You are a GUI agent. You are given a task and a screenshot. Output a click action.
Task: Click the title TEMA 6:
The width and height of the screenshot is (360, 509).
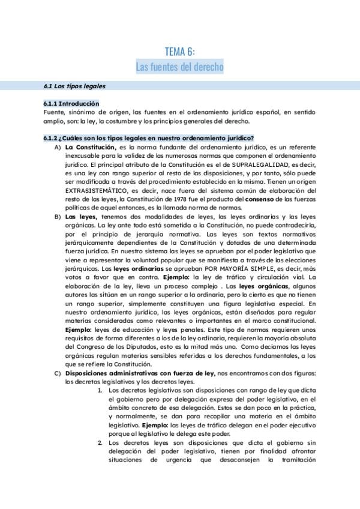click(x=179, y=52)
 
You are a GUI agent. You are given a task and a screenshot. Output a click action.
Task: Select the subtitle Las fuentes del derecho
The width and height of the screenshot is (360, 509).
click(x=179, y=67)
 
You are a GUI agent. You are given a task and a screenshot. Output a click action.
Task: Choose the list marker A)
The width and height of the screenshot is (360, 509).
click(x=57, y=147)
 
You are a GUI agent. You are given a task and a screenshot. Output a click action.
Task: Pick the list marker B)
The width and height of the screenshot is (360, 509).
click(x=57, y=216)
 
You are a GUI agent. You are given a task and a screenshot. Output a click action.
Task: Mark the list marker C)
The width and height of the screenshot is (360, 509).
click(x=57, y=373)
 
